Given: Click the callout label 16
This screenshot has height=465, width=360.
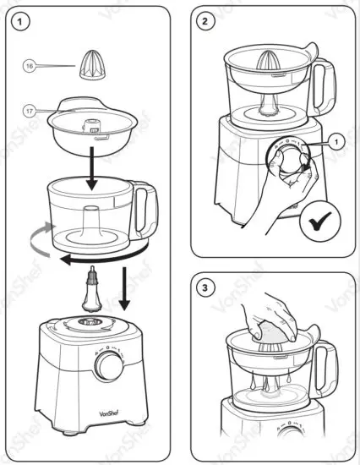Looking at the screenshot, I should (x=30, y=64).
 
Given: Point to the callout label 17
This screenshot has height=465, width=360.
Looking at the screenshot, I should (x=30, y=109).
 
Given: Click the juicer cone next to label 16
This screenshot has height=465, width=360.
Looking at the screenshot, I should (x=90, y=63).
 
